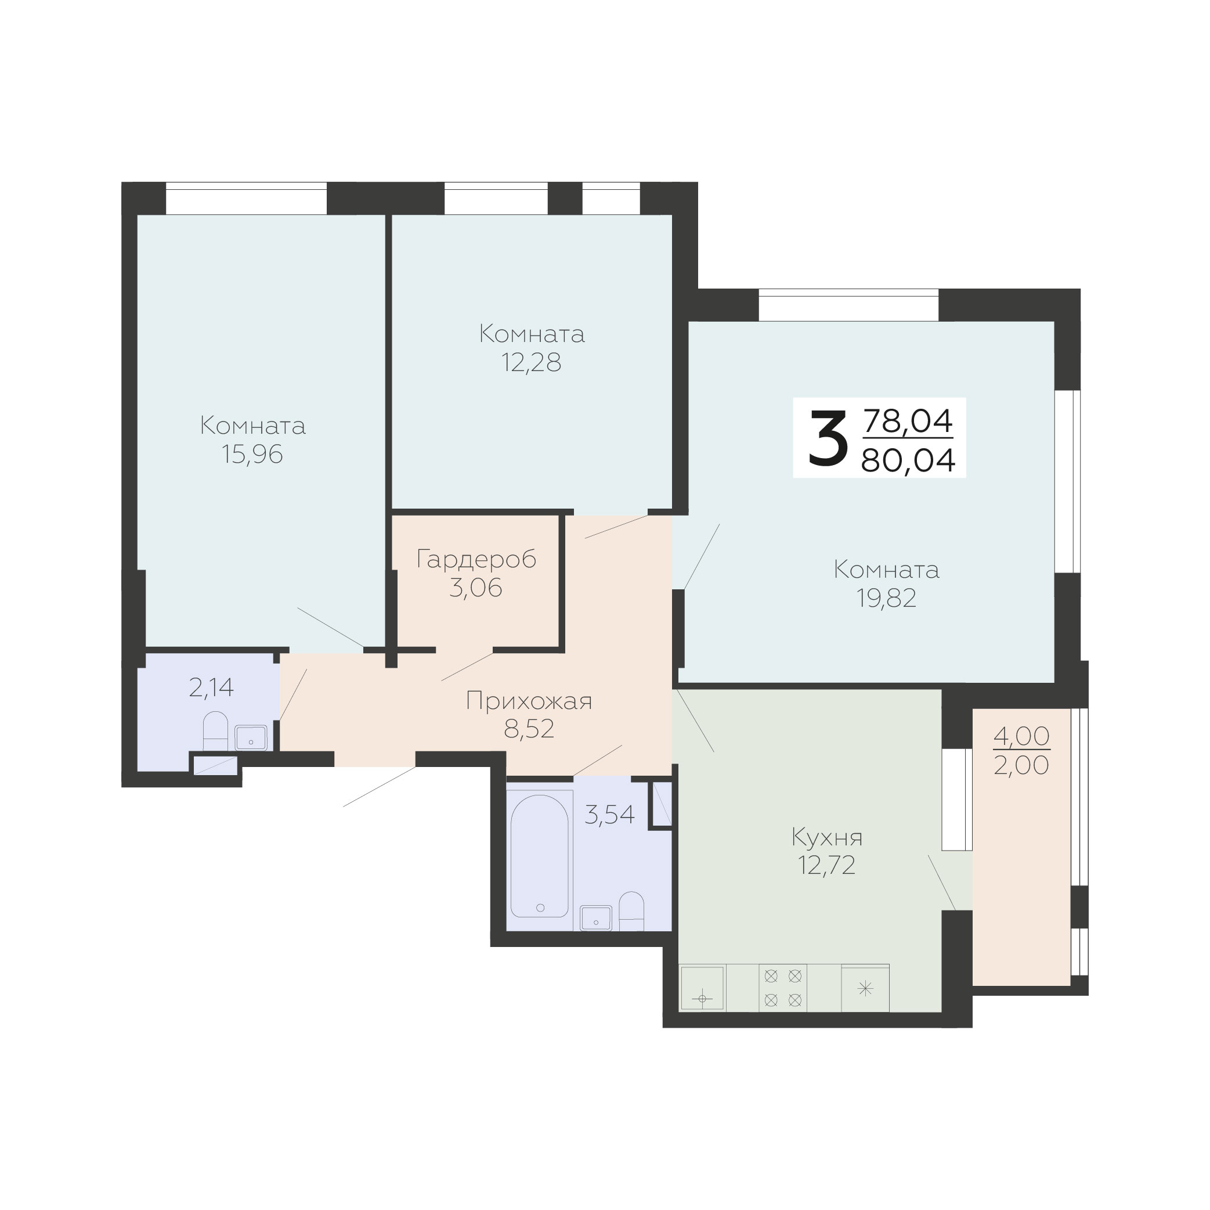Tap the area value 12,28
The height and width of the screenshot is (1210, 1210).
point(531,363)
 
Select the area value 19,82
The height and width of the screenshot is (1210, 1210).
point(886,599)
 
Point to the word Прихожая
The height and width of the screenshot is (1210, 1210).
point(529,701)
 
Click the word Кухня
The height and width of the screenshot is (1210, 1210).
point(828,837)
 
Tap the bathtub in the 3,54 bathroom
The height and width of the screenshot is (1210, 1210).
point(540,856)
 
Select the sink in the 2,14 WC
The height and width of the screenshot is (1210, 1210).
point(251,738)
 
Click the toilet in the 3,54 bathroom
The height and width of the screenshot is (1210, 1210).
point(631,911)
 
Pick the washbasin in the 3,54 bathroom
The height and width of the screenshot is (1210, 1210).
point(596,918)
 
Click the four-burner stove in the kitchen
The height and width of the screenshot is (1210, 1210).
point(783,988)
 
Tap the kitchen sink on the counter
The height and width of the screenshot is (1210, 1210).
point(703,988)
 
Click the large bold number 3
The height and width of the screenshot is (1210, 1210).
point(828,438)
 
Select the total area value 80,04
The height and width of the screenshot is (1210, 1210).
point(908,460)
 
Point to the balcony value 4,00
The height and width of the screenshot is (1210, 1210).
point(1021,736)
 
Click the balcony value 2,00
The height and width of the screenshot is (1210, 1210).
point(1021,765)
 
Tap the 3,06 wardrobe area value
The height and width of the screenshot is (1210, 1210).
point(476,588)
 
